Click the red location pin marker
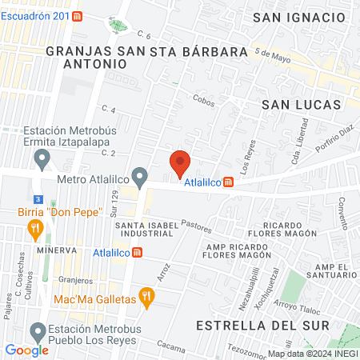[180, 163]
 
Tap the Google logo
[26, 350]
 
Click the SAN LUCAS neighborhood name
[301, 105]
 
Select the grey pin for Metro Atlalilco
[140, 175]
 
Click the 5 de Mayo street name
[270, 55]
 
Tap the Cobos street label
[203, 99]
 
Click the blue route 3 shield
[38, 198]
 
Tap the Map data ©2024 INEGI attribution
[312, 353]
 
